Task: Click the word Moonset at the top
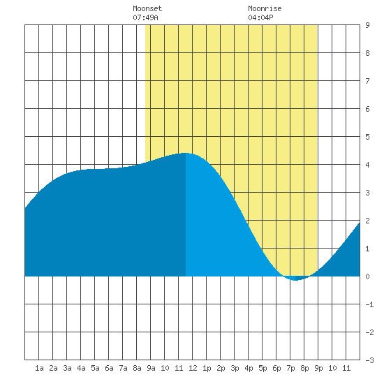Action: click(x=147, y=8)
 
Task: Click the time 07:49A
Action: click(x=145, y=17)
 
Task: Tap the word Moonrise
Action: click(x=265, y=8)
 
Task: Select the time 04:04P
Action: click(x=260, y=17)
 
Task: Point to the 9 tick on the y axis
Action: click(x=367, y=25)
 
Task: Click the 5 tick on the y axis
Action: click(x=367, y=137)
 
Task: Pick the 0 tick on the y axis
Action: click(x=367, y=276)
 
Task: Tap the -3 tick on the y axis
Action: click(x=369, y=360)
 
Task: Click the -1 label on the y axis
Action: click(x=369, y=304)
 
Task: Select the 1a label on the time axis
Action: click(x=39, y=368)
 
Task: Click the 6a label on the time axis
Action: click(x=109, y=368)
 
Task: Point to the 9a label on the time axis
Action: click(x=151, y=368)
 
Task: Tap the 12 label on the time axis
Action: click(x=193, y=368)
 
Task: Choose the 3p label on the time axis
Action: click(x=235, y=368)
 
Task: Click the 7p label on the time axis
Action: click(x=290, y=368)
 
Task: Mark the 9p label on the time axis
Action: click(x=318, y=368)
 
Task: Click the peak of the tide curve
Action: click(x=186, y=154)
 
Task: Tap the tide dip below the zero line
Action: click(x=295, y=279)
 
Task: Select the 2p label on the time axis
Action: click(x=221, y=368)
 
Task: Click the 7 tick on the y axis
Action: click(x=367, y=81)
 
